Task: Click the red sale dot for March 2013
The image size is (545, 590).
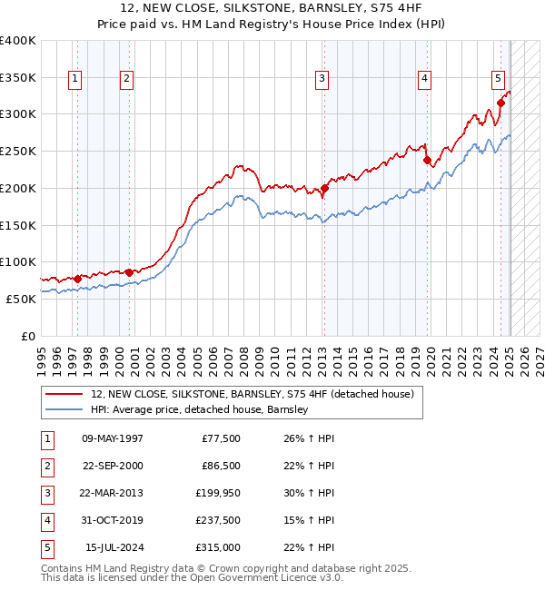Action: click(324, 188)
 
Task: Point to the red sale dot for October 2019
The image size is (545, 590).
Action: click(427, 161)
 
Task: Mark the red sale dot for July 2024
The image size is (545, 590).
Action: click(500, 103)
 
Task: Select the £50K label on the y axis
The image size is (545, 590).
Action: click(21, 299)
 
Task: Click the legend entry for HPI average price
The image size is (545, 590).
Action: click(200, 409)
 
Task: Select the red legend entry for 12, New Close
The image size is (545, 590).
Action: click(253, 394)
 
